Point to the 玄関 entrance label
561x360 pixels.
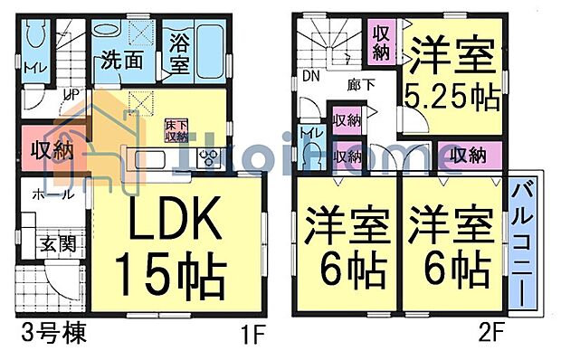[x=56, y=245]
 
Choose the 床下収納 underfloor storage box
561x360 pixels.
[x=176, y=130]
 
